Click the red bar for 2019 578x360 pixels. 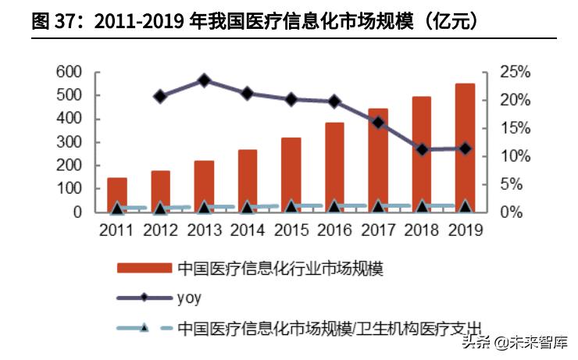[465, 148]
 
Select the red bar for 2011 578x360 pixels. [117, 194]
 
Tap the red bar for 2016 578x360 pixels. [334, 167]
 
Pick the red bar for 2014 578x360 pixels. [248, 180]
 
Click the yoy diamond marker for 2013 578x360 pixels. [204, 80]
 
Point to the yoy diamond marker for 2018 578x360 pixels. [422, 149]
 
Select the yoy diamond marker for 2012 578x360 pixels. [160, 96]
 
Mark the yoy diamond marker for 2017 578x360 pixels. [378, 123]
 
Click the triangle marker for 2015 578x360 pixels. [291, 207]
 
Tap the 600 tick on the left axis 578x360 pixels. [69, 72]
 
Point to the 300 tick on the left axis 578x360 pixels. [69, 142]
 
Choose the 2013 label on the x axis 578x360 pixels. [204, 230]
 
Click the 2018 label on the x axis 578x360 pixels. [422, 230]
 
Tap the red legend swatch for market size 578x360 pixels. [144, 268]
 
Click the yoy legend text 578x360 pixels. [191, 298]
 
